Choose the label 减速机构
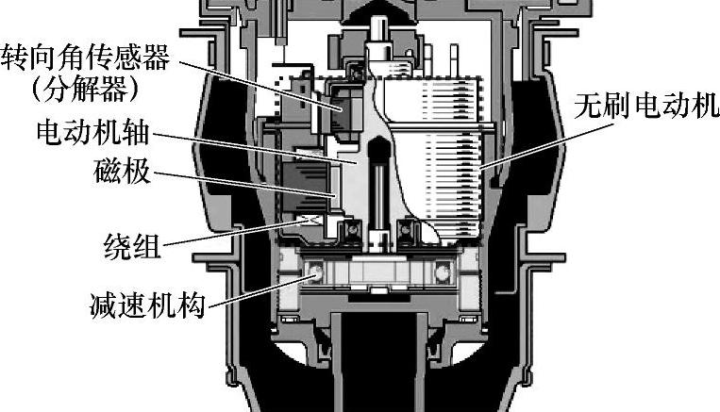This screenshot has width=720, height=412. click(x=142, y=306)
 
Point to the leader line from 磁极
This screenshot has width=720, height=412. click(x=245, y=184)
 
